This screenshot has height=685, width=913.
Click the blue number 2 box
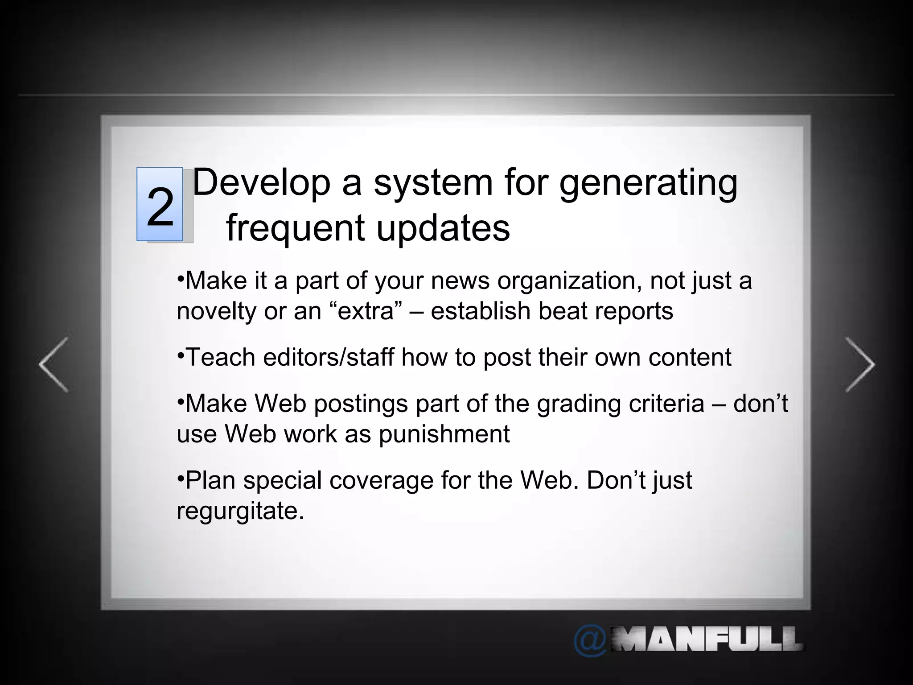(x=160, y=204)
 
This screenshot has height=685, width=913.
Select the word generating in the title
(x=648, y=184)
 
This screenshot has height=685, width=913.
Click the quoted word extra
(x=367, y=311)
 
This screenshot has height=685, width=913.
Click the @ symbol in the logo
(x=590, y=641)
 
